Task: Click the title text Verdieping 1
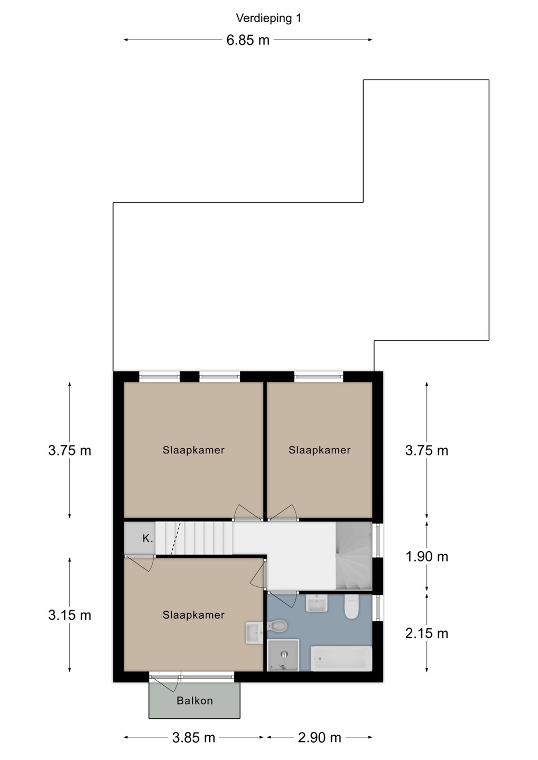(x=268, y=18)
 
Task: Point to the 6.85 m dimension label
(x=248, y=40)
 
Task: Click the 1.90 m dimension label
(x=427, y=557)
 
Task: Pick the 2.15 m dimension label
(x=427, y=633)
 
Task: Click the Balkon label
(x=194, y=700)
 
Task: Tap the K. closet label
(x=147, y=538)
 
